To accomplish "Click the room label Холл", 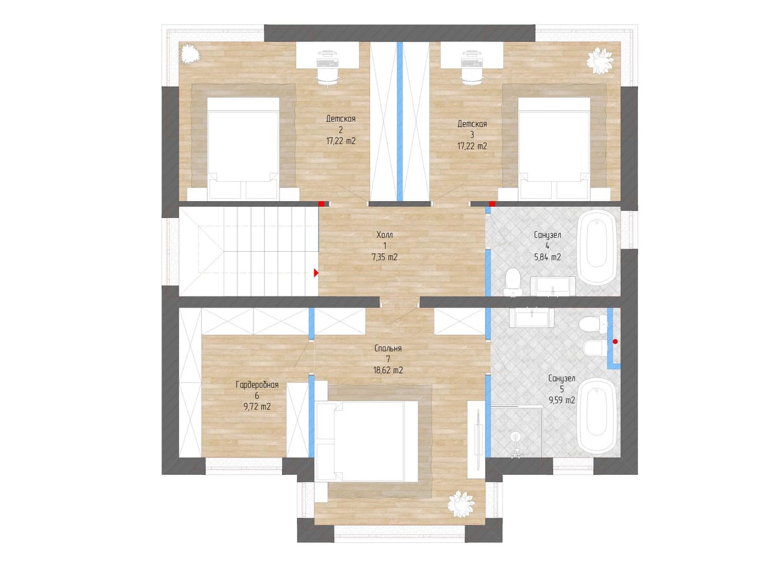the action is coord(384,235).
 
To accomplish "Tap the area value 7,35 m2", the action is coord(384,257).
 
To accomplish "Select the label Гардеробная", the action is coord(257,385).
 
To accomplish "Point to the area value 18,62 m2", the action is coord(388,370).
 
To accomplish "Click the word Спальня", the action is coord(388,348).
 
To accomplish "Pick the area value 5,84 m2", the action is coord(547,257).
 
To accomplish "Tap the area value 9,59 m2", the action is coord(561,400).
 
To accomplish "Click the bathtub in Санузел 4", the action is coord(596,247).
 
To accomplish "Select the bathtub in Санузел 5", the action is coord(596,416).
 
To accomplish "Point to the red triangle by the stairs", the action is coord(316,273).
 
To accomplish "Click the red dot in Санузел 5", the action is coord(615,342).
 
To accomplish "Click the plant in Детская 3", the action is coord(600,61).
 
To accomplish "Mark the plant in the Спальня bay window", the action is coord(461,503).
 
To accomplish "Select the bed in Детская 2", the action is coord(243,149).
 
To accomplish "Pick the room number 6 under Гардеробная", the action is coord(257,396).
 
